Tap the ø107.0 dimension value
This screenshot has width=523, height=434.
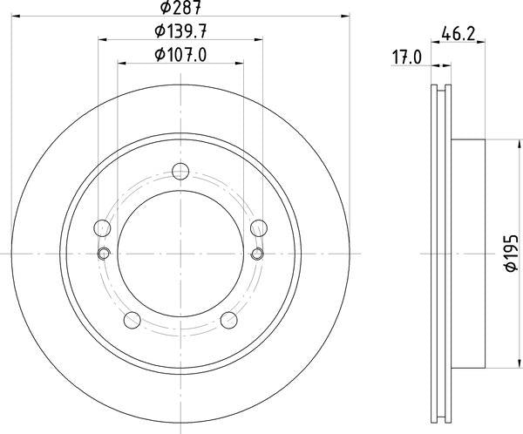coord(180,57)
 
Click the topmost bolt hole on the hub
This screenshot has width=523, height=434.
coord(180,171)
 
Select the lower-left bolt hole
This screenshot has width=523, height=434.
coord(132,319)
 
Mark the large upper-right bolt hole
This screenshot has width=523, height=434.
coord(258,228)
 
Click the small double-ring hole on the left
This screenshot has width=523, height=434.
coord(103,254)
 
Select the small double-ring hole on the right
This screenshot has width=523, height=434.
coord(258,254)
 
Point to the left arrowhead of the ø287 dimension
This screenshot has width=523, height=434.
coord(18,16)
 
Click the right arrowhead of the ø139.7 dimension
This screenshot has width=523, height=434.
coord(259,38)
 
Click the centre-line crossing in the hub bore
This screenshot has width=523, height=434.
coord(180,254)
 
